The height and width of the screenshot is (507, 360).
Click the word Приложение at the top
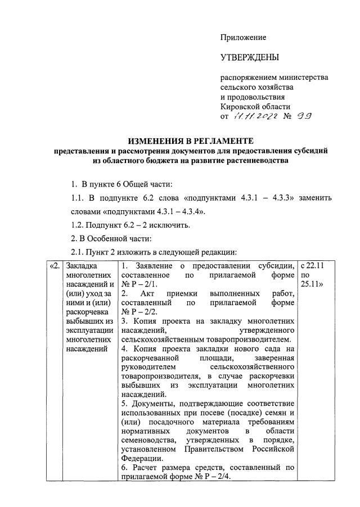pyautogui.click(x=242, y=37)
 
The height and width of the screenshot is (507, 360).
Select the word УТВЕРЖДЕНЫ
pyautogui.click(x=249, y=57)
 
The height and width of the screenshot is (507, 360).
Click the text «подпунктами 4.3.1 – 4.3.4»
pyautogui.click(x=148, y=211)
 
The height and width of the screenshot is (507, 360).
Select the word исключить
pyautogui.click(x=172, y=225)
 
